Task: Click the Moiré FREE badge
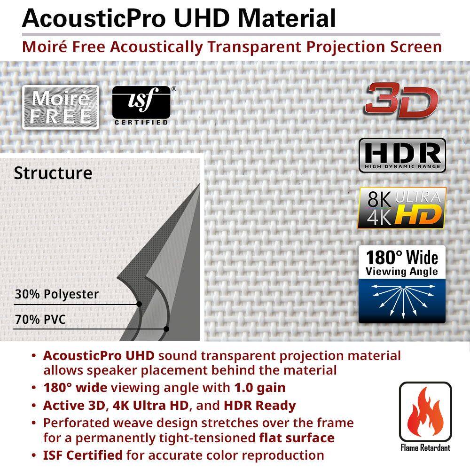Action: pos(61,107)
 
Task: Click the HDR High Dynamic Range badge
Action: pos(402,155)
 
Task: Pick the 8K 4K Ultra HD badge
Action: pos(401,208)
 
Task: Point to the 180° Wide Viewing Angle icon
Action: pos(402,284)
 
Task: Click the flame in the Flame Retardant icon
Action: pos(425,414)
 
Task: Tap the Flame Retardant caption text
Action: pos(425,447)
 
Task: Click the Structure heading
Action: pos(53,173)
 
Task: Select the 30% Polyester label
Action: pos(56,295)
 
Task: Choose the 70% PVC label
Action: pos(40,320)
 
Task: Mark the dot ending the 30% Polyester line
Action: pos(139,304)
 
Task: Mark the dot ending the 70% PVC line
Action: pos(166,329)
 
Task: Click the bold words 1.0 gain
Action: pos(260,388)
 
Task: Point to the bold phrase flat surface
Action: pos(297,438)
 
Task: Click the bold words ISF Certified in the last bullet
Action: pos(83,455)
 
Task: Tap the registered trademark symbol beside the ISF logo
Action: pos(173,88)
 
